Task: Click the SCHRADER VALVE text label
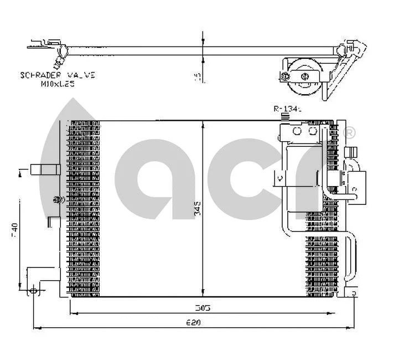click(58, 75)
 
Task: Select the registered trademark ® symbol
click(350, 133)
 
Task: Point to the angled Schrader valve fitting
click(59, 56)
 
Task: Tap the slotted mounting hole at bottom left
click(34, 289)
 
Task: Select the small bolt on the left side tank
click(56, 199)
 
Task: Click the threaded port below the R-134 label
click(286, 117)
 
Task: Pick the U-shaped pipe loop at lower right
click(350, 258)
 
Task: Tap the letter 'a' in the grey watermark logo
click(166, 177)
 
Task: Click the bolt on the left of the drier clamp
click(284, 77)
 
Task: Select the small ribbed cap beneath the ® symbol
click(350, 151)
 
